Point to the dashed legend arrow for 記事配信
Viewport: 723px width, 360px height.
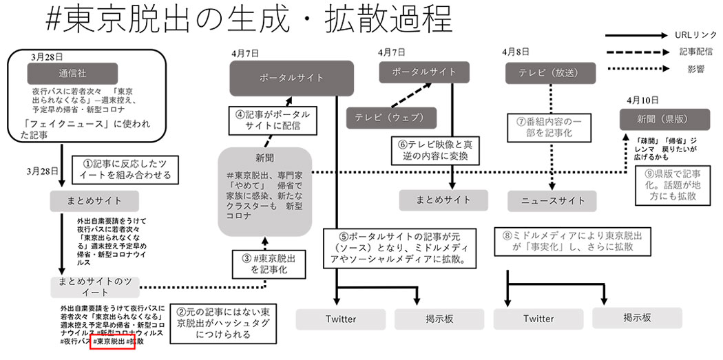[x=633, y=52]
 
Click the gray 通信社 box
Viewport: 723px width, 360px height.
[x=72, y=73]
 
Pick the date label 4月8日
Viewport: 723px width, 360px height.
[x=516, y=52]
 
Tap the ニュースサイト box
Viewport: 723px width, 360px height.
[x=551, y=200]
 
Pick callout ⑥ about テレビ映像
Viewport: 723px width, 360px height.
[x=437, y=151]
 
